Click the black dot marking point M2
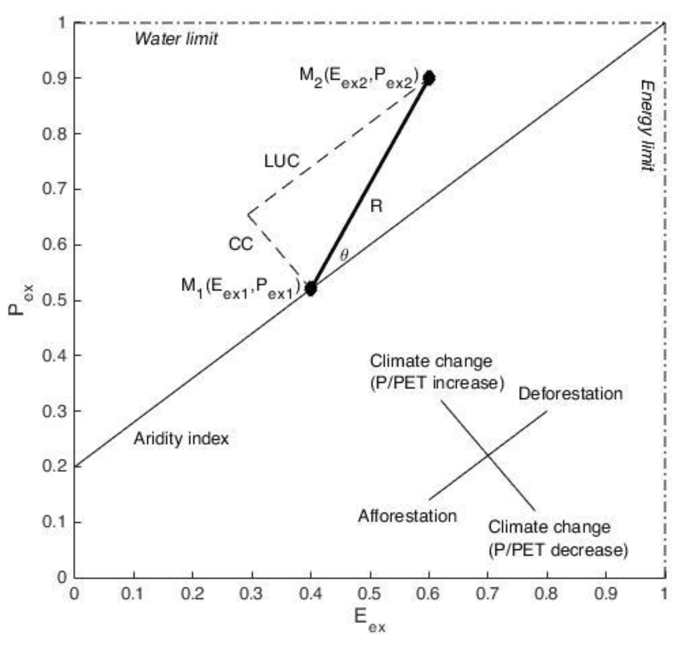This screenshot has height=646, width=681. point(429,78)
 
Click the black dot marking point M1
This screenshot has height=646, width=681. point(311,289)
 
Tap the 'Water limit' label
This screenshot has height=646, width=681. point(176,39)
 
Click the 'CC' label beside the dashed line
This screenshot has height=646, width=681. point(241,245)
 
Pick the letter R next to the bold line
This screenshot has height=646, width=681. point(376,206)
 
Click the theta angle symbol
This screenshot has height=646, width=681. point(344,255)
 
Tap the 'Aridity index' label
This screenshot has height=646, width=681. point(181,439)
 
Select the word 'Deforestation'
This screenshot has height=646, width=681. point(570,394)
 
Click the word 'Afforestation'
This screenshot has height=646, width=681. point(407,516)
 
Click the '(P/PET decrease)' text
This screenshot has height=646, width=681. point(558,550)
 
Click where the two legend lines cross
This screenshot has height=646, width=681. point(488,455)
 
